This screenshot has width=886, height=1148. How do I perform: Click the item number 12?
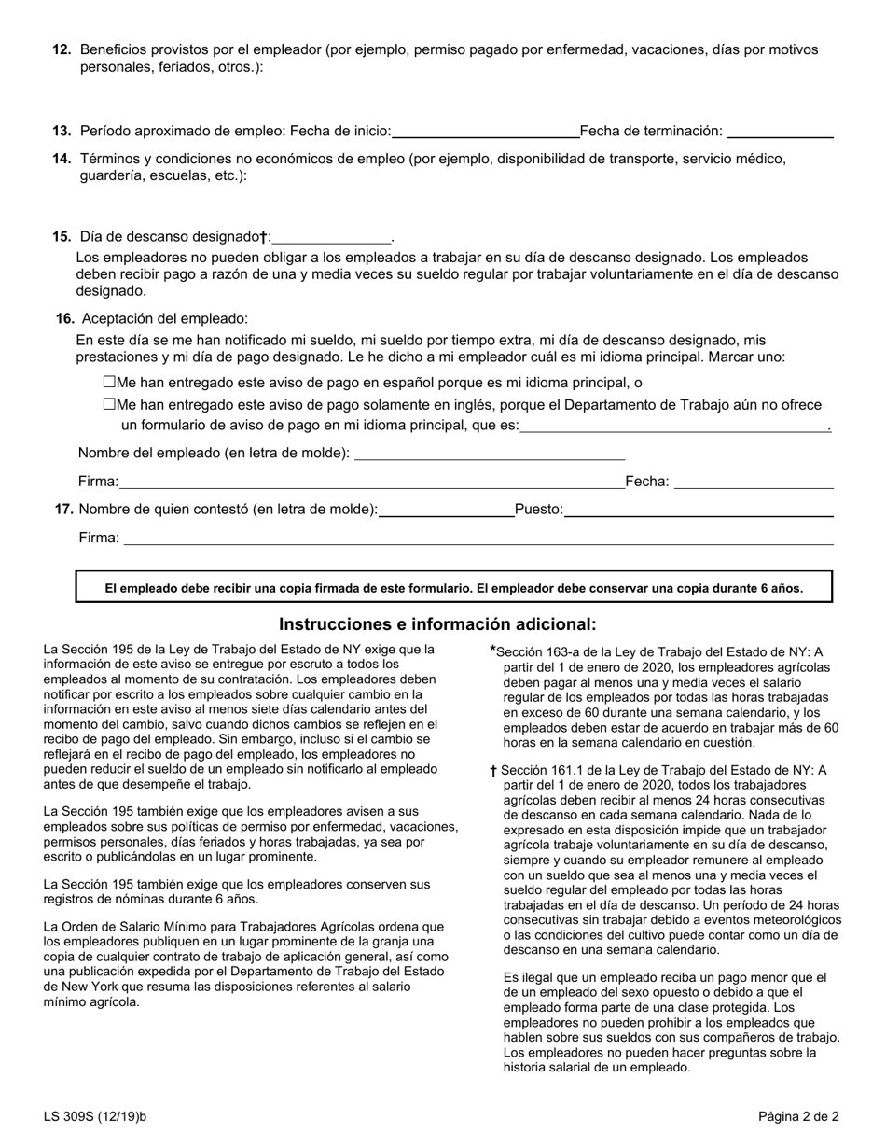[x=62, y=49]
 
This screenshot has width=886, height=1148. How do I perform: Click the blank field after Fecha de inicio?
[x=485, y=132]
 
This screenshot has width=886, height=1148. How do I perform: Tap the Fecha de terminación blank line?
[x=780, y=132]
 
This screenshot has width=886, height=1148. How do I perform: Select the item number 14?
[x=62, y=159]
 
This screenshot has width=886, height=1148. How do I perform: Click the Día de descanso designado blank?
[x=331, y=238]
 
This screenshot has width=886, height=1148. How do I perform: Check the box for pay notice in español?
[x=109, y=382]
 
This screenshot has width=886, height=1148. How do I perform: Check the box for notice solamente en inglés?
[x=109, y=404]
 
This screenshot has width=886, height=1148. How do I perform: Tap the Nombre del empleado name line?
[x=490, y=454]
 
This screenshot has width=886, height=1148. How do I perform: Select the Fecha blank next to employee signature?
[x=753, y=483]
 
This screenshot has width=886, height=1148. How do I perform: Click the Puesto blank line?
[x=699, y=511]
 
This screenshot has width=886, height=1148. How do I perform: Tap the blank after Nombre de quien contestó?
[x=446, y=511]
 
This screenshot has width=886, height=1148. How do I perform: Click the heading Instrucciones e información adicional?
[x=437, y=624]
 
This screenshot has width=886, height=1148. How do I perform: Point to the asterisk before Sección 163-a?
[x=492, y=651]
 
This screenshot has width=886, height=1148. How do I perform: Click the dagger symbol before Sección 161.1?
[x=492, y=771]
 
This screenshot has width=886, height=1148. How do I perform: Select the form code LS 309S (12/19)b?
[x=95, y=1115]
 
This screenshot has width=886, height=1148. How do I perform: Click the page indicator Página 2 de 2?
[x=797, y=1115]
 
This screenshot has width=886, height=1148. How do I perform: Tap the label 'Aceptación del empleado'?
[x=164, y=318]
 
